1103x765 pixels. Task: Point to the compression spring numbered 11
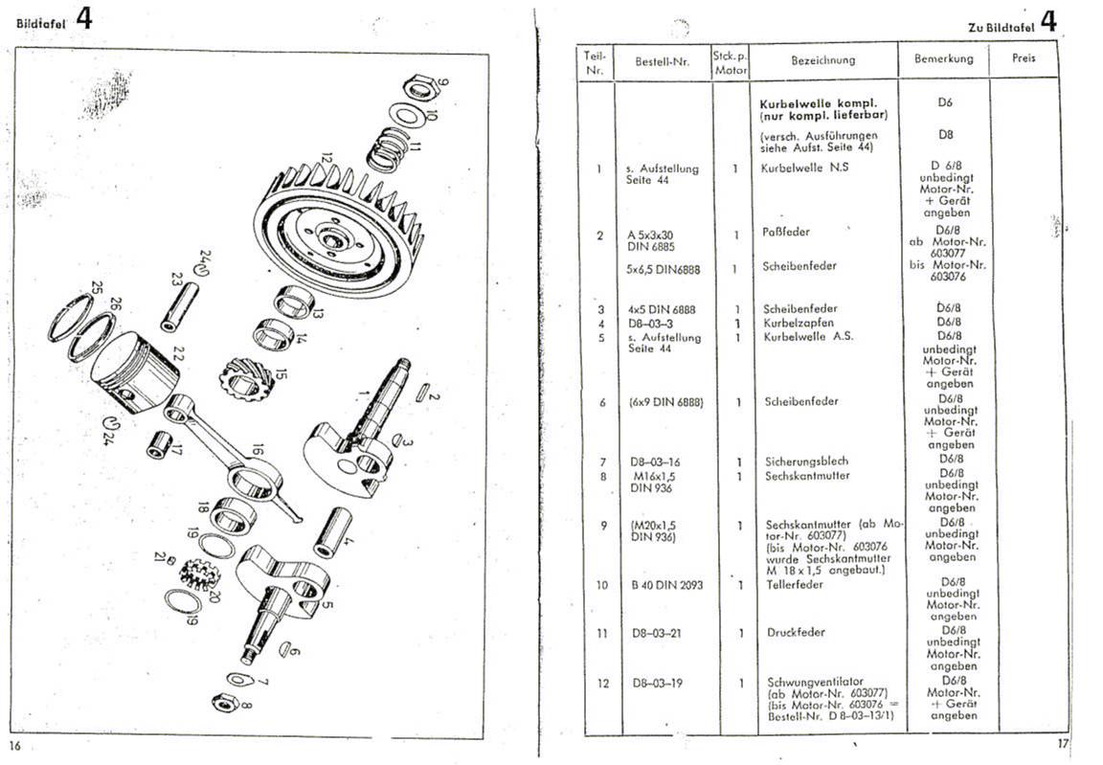tap(389, 148)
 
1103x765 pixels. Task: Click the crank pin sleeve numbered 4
tap(333, 531)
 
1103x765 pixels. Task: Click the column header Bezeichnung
tap(823, 60)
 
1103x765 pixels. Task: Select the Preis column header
tap(1024, 57)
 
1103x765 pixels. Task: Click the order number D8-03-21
tap(656, 633)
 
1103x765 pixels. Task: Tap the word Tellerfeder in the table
tap(794, 584)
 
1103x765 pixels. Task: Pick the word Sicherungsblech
tap(807, 461)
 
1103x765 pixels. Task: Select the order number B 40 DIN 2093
tap(666, 584)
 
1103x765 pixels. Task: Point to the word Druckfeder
tap(796, 632)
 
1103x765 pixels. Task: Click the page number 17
tap(1062, 743)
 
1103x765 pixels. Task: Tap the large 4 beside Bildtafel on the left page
tap(83, 18)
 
